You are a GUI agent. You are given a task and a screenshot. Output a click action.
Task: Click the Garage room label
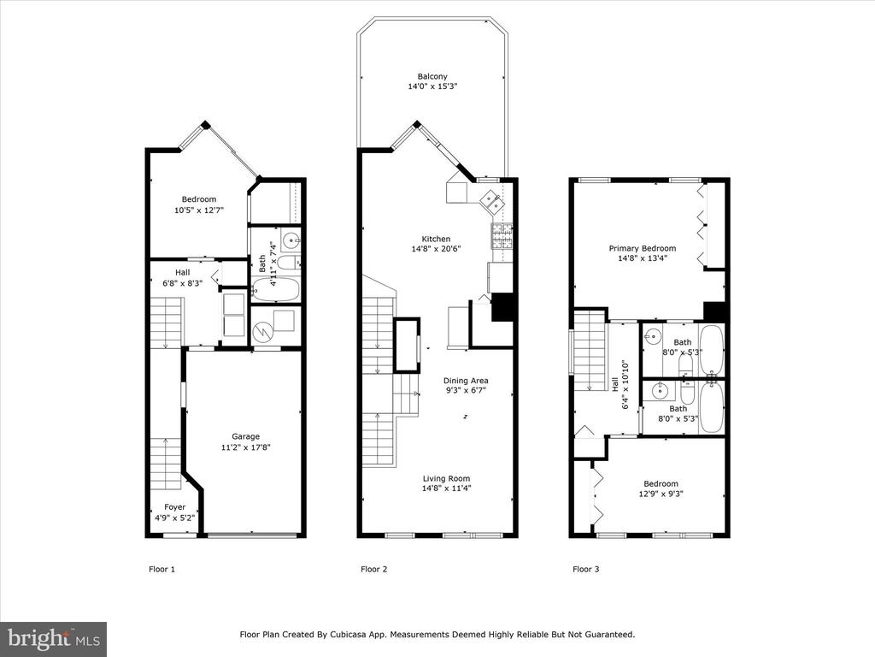(245, 436)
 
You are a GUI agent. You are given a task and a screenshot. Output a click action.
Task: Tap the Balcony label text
(432, 76)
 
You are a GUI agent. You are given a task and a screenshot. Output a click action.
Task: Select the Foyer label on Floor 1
(174, 506)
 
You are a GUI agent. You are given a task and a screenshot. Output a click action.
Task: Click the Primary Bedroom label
(643, 248)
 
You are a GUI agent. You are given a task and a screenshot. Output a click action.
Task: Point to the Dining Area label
(466, 381)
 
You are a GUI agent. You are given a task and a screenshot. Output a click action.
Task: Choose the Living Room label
(446, 478)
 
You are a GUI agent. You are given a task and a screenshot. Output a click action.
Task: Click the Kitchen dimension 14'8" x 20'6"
(436, 249)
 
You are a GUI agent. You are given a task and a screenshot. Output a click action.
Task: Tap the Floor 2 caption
(374, 569)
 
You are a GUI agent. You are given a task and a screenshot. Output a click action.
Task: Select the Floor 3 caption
(586, 569)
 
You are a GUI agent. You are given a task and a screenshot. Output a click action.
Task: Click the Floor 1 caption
(161, 569)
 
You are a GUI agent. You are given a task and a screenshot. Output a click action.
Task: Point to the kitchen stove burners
(502, 236)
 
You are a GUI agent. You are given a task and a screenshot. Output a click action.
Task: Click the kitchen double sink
(492, 201)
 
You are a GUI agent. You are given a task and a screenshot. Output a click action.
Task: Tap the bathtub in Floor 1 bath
(276, 289)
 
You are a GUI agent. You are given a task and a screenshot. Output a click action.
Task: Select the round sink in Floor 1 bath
(291, 241)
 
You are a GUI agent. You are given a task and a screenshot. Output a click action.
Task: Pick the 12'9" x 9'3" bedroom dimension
(661, 494)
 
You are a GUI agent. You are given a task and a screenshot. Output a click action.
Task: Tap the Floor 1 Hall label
(183, 273)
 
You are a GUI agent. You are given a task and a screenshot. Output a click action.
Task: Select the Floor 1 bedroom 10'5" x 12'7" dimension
(199, 210)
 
